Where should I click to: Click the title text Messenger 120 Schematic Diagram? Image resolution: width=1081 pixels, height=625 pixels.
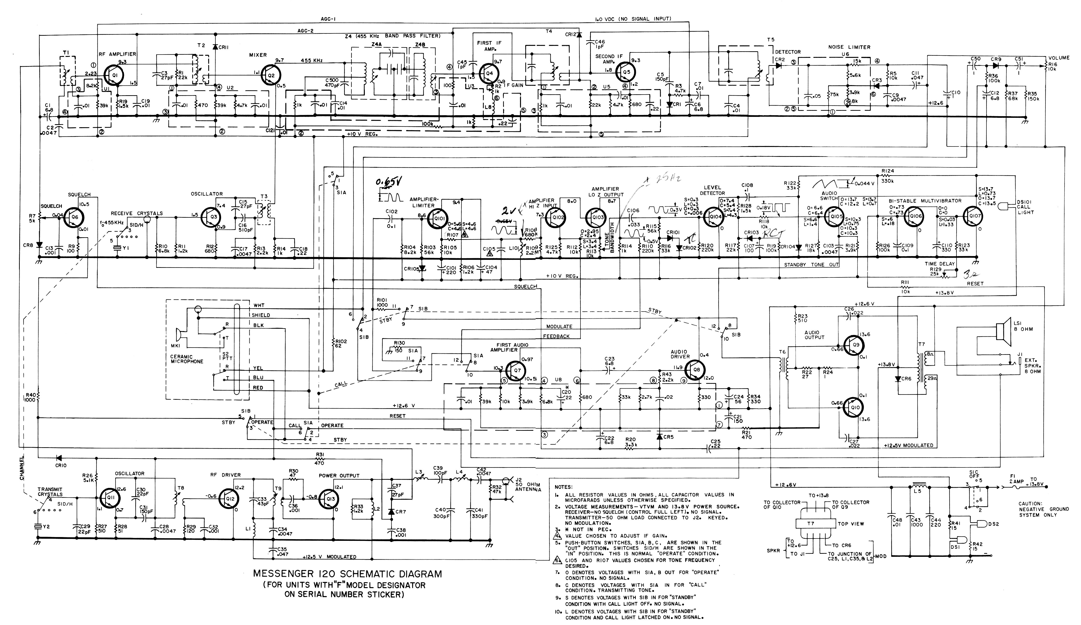tap(347, 574)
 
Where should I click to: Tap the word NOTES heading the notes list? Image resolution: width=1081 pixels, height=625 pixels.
tap(563, 487)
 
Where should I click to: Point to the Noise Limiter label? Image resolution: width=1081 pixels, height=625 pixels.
tap(849, 47)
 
